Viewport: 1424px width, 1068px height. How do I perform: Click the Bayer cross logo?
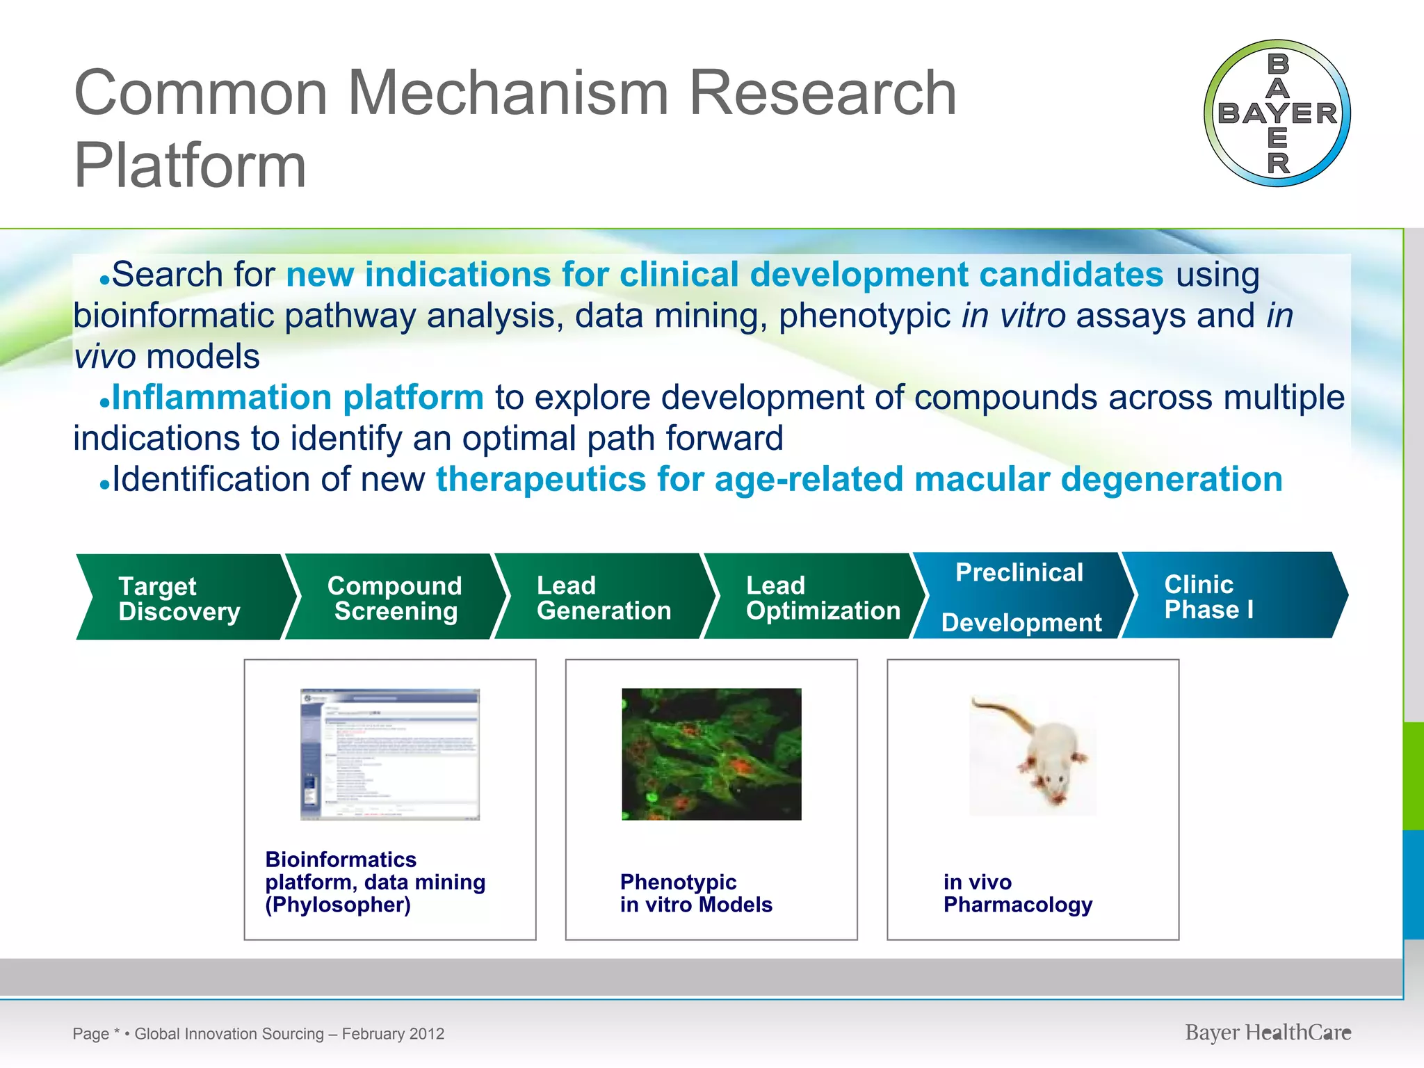[x=1277, y=113]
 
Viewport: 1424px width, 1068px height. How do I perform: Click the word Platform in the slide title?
[x=190, y=165]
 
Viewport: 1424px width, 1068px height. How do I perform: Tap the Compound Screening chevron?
[x=394, y=597]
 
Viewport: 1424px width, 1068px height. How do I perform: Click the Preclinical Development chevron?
[x=1020, y=596]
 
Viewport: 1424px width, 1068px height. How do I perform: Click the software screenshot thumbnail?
[x=389, y=754]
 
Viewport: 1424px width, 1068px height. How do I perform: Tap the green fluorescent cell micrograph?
[x=711, y=754]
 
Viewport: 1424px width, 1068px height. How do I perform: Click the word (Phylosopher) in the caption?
[x=338, y=905]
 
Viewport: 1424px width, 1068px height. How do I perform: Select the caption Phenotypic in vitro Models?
[x=695, y=893]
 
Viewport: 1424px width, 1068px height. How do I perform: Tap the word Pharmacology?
[x=1017, y=905]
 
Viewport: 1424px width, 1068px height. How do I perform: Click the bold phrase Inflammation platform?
[x=298, y=398]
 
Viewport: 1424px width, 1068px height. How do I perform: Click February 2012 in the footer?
[x=393, y=1034]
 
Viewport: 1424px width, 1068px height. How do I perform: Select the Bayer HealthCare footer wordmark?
[x=1268, y=1033]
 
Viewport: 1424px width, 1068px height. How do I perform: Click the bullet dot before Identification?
[x=104, y=486]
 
